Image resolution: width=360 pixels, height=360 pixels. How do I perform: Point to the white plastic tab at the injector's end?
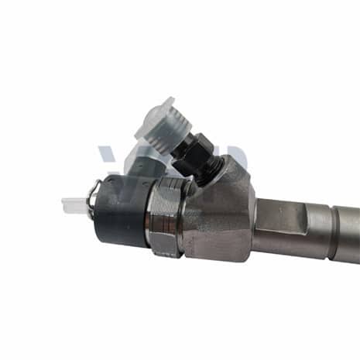(x=74, y=204)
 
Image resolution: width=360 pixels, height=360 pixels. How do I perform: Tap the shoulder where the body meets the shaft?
(x=255, y=225)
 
